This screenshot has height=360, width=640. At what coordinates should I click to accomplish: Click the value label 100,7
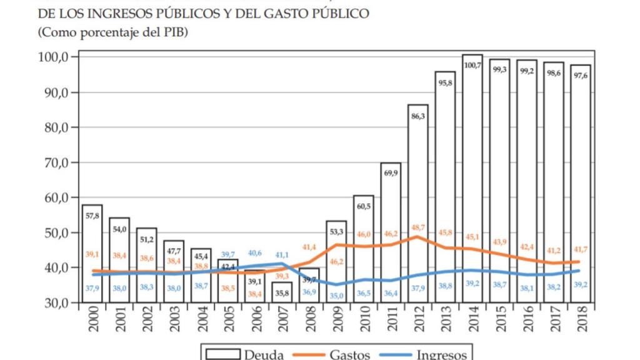tap(472, 66)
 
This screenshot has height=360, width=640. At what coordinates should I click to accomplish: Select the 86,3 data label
tap(418, 116)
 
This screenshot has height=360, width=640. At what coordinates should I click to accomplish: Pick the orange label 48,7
tap(418, 228)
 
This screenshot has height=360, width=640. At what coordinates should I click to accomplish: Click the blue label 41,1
tap(282, 255)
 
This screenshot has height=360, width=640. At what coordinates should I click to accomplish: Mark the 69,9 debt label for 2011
tap(391, 173)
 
